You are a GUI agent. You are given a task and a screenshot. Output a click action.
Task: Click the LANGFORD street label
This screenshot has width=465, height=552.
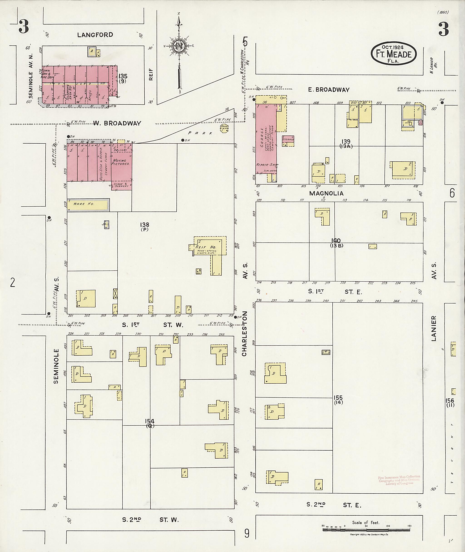tap(95, 35)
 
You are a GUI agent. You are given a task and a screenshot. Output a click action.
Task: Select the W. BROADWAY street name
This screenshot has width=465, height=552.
tap(117, 123)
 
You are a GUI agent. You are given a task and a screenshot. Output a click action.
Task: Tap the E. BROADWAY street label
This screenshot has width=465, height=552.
tap(329, 90)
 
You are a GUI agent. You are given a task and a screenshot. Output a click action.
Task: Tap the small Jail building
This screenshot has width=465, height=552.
tap(106, 224)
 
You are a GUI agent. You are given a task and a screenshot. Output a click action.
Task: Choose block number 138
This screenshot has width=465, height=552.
tap(144, 225)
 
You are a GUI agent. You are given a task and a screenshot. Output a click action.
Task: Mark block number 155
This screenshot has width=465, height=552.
tap(338, 398)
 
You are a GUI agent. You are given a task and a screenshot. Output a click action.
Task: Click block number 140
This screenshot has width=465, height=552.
tap(336, 241)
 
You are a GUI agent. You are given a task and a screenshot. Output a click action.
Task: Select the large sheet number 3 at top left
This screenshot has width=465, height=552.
tap(24, 27)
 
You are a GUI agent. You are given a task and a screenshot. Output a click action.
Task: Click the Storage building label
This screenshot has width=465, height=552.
tap(288, 139)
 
